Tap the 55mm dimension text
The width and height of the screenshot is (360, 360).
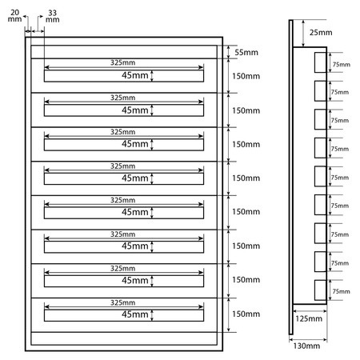(x=246, y=52)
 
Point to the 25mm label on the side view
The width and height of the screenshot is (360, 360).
(x=319, y=33)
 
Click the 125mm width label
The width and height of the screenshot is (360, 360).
(x=309, y=318)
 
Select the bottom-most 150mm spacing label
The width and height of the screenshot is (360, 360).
(x=246, y=314)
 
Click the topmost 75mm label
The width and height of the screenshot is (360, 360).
(x=340, y=64)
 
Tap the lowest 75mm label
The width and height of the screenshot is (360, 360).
(x=340, y=293)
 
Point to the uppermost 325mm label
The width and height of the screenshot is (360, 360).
(x=123, y=62)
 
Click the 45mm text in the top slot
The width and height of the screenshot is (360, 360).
(x=134, y=76)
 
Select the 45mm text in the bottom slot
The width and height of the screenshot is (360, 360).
(x=134, y=315)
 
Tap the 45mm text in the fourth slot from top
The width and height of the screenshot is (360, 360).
(x=134, y=178)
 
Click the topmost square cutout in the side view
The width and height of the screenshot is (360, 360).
(x=320, y=63)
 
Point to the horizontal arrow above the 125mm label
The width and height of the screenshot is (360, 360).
(x=310, y=310)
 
